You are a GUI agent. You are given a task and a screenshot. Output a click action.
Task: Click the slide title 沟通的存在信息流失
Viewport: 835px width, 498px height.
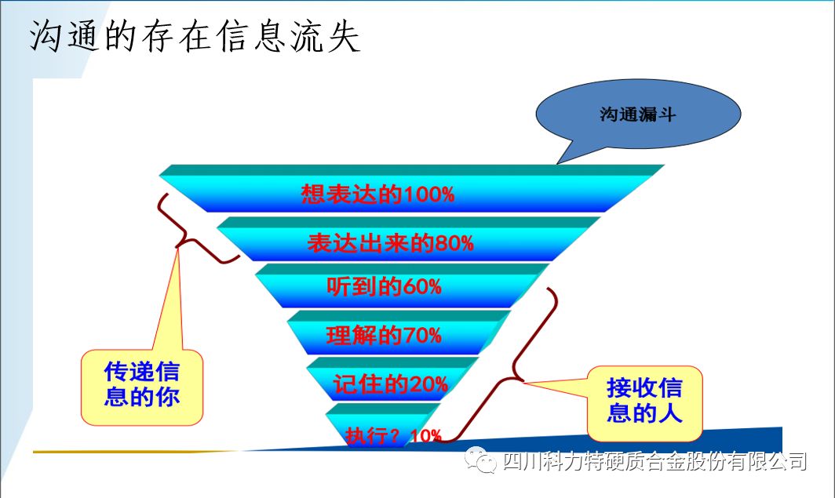pyautogui.click(x=195, y=37)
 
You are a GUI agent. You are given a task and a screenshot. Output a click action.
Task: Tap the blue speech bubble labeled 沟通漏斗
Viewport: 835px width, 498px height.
pyautogui.click(x=638, y=114)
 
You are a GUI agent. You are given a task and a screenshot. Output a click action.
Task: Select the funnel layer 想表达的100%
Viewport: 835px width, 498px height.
pyautogui.click(x=412, y=189)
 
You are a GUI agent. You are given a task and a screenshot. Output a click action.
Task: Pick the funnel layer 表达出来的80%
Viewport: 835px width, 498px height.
pyautogui.click(x=408, y=239)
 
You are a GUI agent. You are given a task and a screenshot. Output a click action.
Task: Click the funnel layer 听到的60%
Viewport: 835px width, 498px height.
pyautogui.click(x=402, y=285)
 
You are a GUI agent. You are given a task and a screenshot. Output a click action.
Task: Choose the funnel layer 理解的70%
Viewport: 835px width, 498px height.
pyautogui.click(x=399, y=333)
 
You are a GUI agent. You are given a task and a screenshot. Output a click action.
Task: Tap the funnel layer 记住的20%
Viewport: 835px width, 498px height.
pyautogui.click(x=392, y=379)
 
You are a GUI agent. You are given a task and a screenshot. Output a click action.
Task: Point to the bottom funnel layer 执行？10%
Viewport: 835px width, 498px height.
pyautogui.click(x=384, y=425)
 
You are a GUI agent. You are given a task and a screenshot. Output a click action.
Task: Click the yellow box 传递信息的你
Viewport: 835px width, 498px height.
pyautogui.click(x=141, y=387)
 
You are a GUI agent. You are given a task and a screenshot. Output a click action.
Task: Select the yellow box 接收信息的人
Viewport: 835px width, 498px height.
pyautogui.click(x=644, y=404)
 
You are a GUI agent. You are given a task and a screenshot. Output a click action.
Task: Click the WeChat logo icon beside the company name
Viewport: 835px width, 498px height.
pyautogui.click(x=480, y=459)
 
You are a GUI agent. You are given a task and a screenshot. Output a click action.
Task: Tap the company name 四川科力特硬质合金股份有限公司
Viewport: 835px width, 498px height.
pyautogui.click(x=655, y=461)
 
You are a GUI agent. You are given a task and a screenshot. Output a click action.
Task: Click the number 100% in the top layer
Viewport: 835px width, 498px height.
pyautogui.click(x=428, y=194)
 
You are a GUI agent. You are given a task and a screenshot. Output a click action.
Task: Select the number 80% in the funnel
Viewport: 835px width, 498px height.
pyautogui.click(x=454, y=244)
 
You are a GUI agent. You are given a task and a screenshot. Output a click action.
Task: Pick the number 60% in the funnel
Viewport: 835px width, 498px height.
pyautogui.click(x=422, y=287)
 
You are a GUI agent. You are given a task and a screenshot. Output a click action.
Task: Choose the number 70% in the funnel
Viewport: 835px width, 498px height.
pyautogui.click(x=422, y=336)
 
